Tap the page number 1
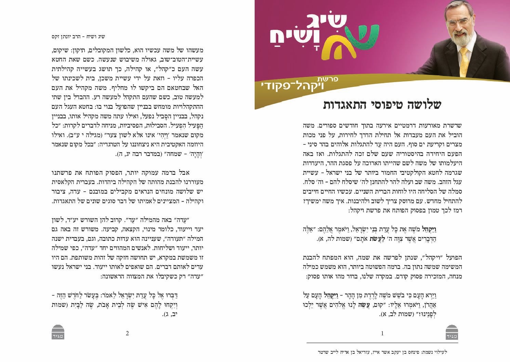(x=382, y=333)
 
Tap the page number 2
(x=127, y=333)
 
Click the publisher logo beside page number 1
(x=452, y=332)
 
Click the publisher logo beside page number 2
(x=58, y=332)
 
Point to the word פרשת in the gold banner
(x=330, y=79)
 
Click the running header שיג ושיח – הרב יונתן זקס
(x=78, y=37)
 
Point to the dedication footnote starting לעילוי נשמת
(x=382, y=352)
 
